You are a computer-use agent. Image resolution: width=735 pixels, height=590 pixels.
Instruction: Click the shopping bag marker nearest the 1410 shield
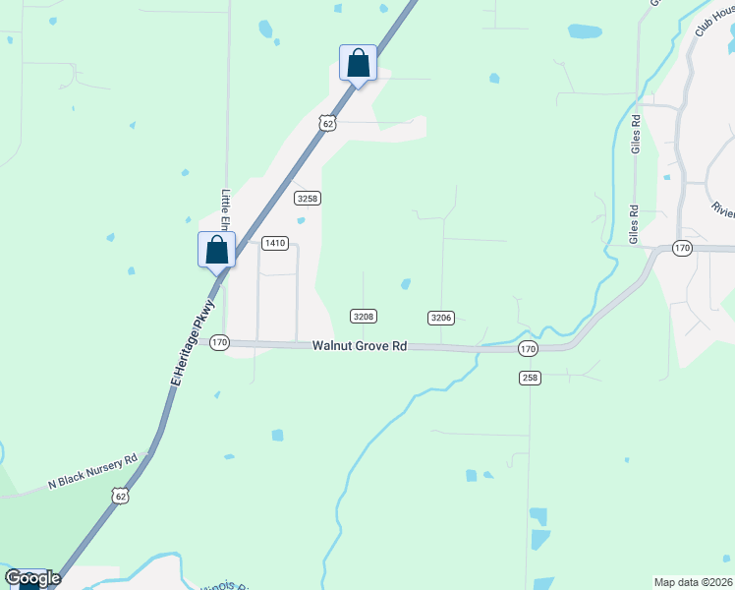coord(217,250)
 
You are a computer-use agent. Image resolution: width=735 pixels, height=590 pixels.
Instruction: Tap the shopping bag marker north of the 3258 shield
coord(358,63)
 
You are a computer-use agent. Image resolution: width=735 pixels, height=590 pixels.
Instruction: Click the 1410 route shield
coord(274,243)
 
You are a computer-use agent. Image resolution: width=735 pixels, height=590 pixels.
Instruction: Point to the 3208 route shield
coord(364,316)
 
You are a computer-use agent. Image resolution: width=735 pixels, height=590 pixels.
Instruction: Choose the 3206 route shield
coord(440,317)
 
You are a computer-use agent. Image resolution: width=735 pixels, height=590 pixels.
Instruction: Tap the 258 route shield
coord(529,378)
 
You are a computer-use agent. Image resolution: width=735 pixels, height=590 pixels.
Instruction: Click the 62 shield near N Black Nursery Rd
coord(120,497)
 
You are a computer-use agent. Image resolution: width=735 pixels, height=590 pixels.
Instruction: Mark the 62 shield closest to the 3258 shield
coord(327,122)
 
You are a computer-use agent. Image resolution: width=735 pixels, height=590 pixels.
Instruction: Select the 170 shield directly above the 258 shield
coord(528,349)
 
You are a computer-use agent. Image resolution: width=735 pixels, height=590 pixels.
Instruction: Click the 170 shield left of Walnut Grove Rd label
coord(218,342)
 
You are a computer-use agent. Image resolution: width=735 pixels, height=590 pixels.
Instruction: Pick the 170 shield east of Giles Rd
coord(682,249)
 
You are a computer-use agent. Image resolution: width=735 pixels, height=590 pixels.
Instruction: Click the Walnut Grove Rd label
coord(360,346)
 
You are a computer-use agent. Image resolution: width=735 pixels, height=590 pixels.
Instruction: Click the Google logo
coord(32,577)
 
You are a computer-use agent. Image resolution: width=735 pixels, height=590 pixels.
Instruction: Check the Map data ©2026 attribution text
coord(693,582)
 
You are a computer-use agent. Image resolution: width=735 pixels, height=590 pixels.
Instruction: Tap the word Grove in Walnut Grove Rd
coord(368,346)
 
